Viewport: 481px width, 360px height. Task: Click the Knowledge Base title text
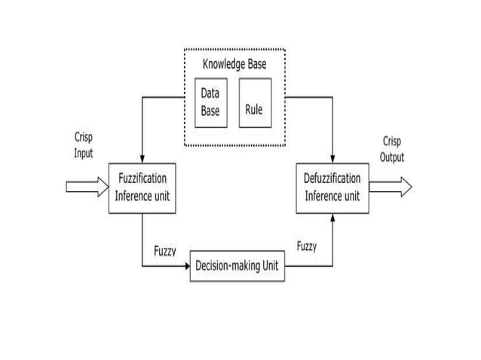[234, 65]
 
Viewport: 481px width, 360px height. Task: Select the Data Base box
[210, 102]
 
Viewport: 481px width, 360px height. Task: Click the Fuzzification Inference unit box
[142, 188]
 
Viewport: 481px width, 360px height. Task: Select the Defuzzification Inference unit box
[332, 188]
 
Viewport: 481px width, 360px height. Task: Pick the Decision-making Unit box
[237, 266]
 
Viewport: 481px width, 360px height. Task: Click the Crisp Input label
[84, 146]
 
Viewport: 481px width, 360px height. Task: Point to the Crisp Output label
[392, 149]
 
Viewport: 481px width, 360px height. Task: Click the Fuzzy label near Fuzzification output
[165, 251]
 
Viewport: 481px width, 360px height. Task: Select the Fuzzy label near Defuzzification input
[307, 246]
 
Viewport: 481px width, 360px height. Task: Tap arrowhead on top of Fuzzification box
[142, 158]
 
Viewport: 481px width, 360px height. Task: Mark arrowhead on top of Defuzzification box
[332, 158]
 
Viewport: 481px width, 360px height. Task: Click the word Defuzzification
[332, 179]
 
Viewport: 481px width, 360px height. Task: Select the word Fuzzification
[142, 179]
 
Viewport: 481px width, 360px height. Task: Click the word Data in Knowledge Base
[210, 93]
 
